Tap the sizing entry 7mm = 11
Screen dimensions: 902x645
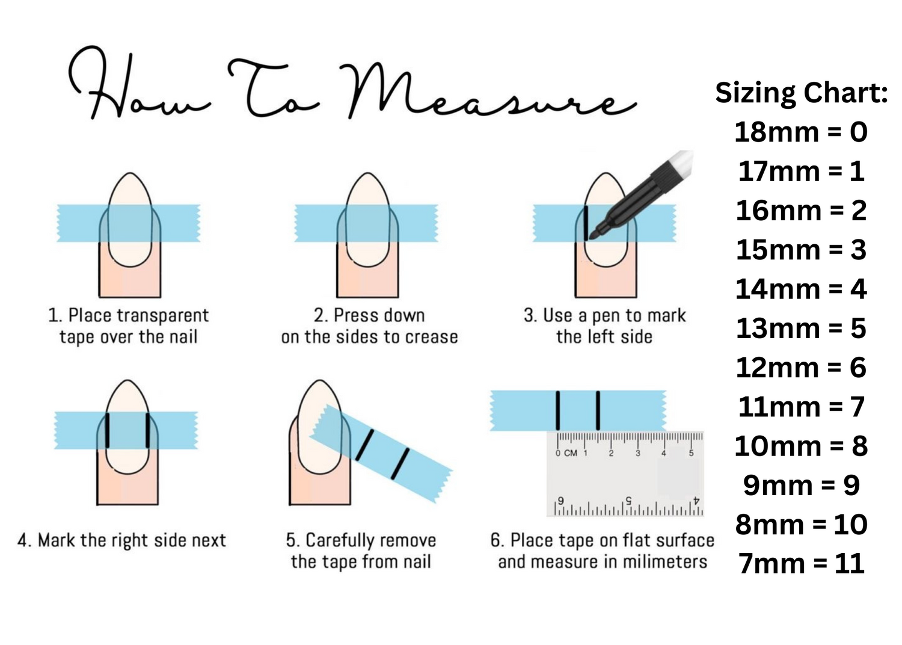pyautogui.click(x=802, y=564)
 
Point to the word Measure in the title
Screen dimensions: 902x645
pyautogui.click(x=487, y=91)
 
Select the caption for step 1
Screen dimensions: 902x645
pyautogui.click(x=129, y=326)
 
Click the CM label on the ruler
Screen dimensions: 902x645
pyautogui.click(x=571, y=453)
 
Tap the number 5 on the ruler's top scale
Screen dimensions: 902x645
pyautogui.click(x=691, y=453)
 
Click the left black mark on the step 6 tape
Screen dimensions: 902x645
pyautogui.click(x=557, y=410)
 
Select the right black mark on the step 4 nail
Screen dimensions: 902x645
pyautogui.click(x=148, y=430)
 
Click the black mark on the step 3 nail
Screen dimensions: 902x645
pyautogui.click(x=586, y=224)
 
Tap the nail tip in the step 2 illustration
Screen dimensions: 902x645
pyautogui.click(x=367, y=174)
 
